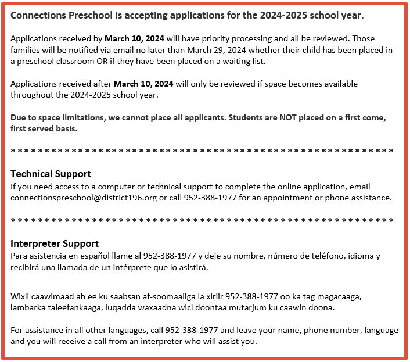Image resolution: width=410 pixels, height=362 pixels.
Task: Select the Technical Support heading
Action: point(51,174)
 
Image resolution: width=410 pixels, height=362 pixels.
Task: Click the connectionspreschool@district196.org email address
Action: point(84,198)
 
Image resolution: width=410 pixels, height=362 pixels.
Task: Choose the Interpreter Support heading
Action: point(55,243)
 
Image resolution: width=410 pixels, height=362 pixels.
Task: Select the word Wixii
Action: point(20,296)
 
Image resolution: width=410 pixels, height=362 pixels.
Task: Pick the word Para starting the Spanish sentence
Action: point(19,256)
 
